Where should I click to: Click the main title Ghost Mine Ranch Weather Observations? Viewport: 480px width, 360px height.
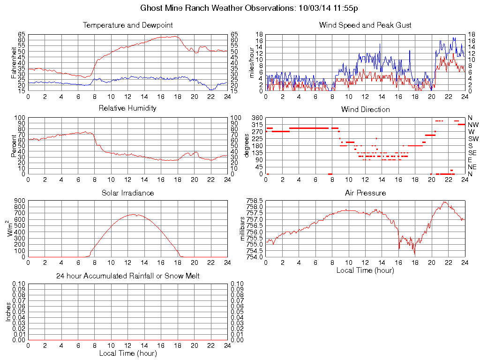(250, 8)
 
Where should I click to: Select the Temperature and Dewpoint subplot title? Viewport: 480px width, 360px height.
(127, 25)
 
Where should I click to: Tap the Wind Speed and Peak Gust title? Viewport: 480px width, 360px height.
(365, 25)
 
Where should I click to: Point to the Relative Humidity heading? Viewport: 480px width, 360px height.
(127, 108)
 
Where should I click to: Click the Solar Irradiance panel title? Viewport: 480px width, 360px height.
(127, 193)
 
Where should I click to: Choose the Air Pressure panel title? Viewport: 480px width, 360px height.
(365, 193)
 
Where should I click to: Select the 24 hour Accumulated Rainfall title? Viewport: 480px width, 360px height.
(127, 276)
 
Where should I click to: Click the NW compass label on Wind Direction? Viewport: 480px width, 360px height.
(473, 125)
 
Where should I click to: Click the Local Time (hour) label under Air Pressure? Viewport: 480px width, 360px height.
(365, 270)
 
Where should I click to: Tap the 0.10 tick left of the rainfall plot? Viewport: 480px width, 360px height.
(18, 284)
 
